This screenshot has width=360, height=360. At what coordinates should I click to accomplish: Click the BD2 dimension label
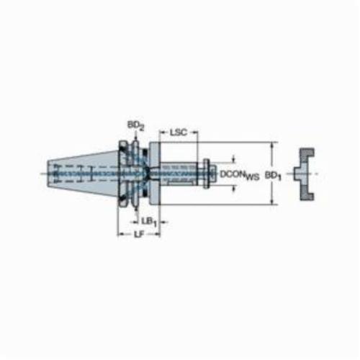pos(135,125)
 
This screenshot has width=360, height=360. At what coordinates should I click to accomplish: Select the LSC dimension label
pos(178,132)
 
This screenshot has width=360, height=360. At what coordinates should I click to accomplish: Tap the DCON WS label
pos(240,175)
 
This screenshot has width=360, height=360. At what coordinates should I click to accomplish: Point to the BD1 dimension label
pos(273,176)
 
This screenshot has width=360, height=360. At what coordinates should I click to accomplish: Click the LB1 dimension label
pos(149,222)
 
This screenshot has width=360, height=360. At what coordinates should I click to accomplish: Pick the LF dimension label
pos(138,235)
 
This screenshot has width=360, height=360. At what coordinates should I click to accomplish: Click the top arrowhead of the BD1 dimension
pos(271,145)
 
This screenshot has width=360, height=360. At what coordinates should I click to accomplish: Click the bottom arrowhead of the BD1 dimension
pos(271,202)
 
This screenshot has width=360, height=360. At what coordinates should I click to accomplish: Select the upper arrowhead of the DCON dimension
pos(234,159)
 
